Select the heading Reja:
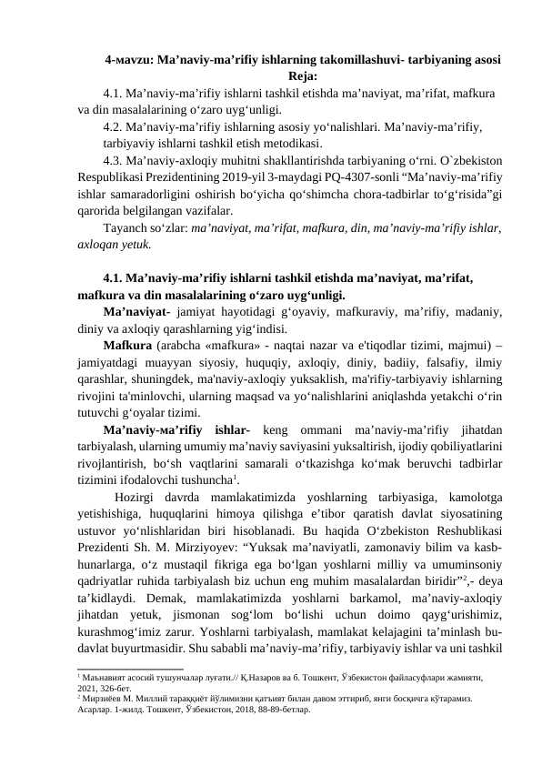[x=303, y=76]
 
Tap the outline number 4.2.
[x=115, y=128]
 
